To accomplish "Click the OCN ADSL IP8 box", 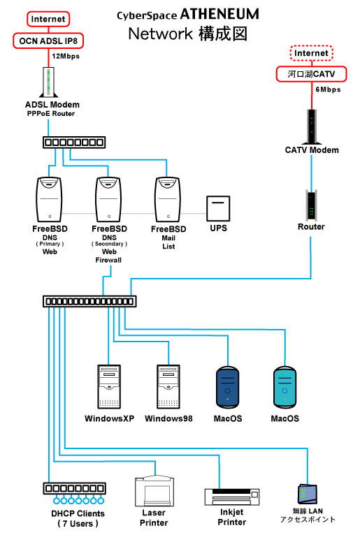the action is pos(48,41).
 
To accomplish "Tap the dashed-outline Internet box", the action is pos(311,53).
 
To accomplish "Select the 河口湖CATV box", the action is pos(311,74).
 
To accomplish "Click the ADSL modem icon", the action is pos(48,82).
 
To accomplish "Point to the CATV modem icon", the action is pos(312,126).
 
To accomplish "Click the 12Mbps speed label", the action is pos(66,56).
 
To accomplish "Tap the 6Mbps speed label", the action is pos(328,89).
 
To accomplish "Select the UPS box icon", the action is pos(218,208).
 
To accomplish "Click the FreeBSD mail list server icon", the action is pos(168,200).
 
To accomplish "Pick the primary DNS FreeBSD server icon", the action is pos(49,200).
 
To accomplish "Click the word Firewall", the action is pos(108,260).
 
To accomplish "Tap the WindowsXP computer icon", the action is pos(109,387).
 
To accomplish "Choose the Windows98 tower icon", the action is pos(168,387).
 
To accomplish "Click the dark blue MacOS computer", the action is pos(228,387).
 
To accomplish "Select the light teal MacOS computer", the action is pos(285,387).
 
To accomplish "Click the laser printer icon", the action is pos(154,491).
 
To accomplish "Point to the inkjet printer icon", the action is pos(232,497).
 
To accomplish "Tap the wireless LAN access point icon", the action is pos(307,494).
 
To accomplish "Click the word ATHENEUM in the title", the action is pos(219,14).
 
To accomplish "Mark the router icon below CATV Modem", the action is pos(311,204).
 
